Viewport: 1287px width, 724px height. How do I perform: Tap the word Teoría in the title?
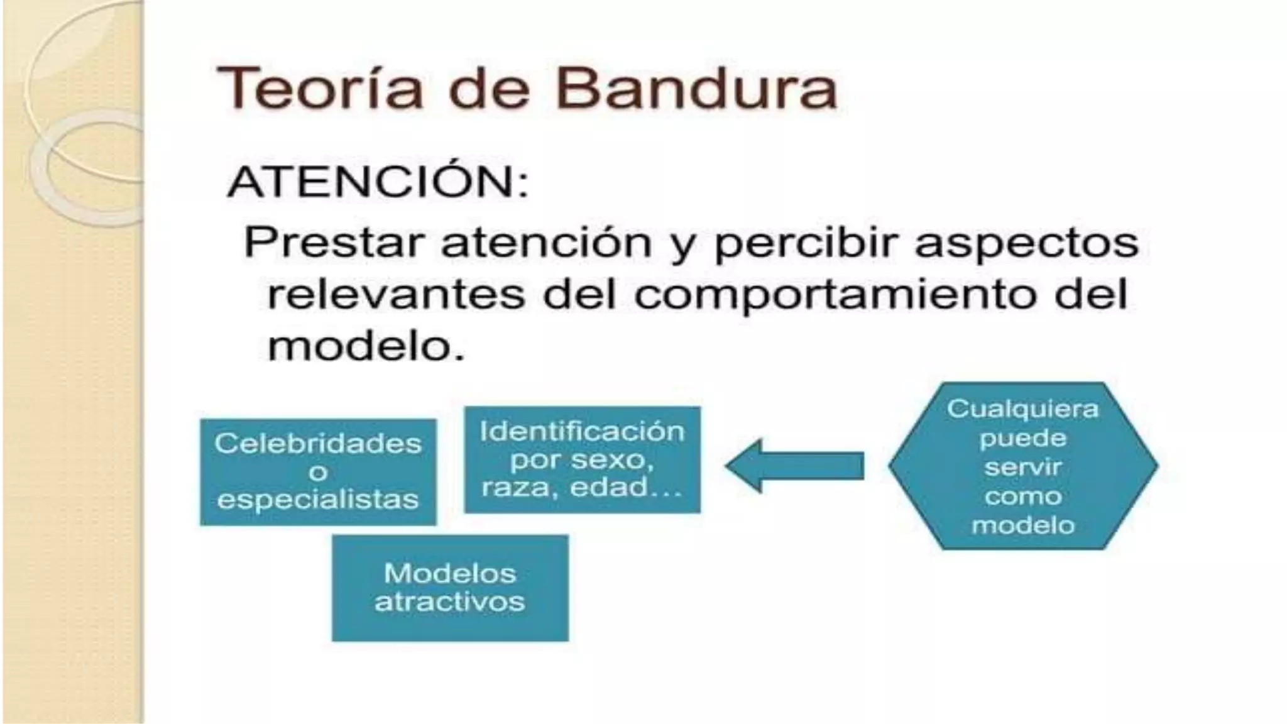[320, 89]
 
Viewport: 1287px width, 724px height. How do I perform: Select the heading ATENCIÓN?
[378, 183]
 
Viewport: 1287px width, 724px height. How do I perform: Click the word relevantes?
[396, 295]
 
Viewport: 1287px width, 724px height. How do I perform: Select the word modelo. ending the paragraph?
[366, 346]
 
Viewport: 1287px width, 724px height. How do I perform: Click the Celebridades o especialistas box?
[318, 472]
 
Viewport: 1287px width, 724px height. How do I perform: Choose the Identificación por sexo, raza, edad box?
[582, 459]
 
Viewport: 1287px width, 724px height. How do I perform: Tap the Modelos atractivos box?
[450, 588]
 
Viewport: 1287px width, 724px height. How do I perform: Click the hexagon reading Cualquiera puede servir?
[1022, 466]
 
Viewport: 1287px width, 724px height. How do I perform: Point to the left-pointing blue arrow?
[795, 466]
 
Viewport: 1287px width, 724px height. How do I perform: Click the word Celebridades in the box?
[318, 444]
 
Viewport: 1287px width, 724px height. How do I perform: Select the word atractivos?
[450, 602]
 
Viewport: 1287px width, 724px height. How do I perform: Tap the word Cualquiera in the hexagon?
[1022, 409]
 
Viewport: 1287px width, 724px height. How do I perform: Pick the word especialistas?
[318, 500]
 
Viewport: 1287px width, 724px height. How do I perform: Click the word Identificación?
[582, 432]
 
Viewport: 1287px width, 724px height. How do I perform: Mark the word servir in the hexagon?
[1022, 467]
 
